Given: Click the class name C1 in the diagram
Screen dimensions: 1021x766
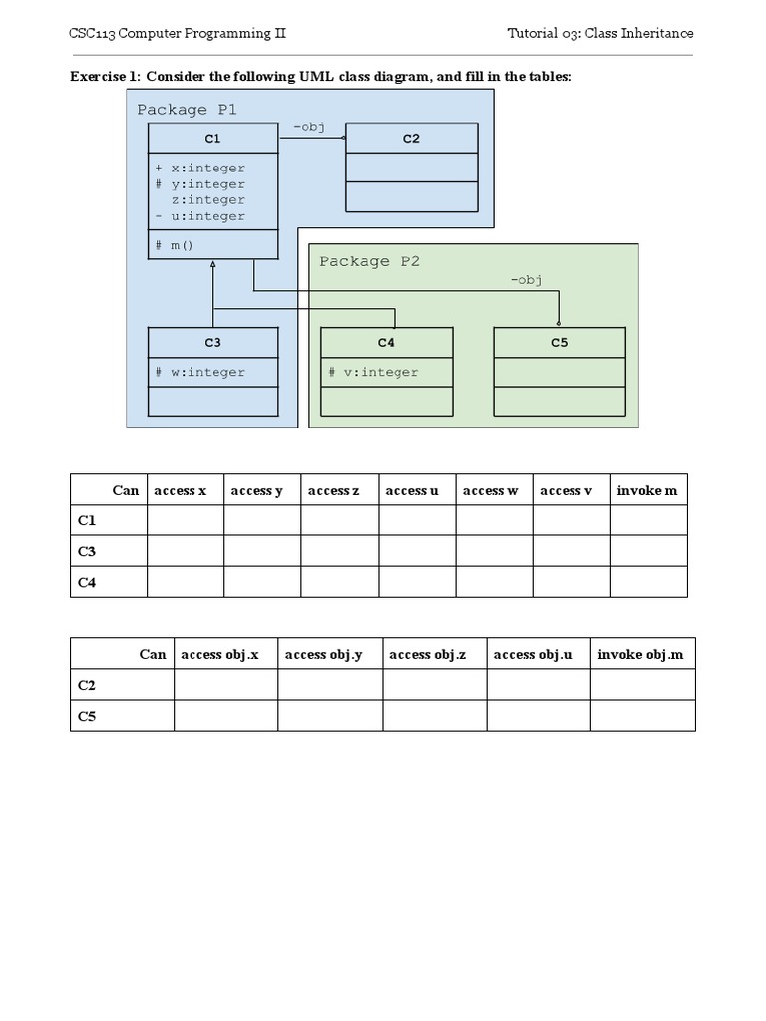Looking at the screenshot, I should tap(212, 138).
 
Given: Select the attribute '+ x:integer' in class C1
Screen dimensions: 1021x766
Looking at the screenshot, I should tap(199, 169).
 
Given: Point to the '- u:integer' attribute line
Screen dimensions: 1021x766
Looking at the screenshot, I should tap(199, 216).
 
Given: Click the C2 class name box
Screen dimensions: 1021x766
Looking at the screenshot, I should tap(411, 138).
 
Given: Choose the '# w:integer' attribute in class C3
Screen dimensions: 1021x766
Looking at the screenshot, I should tap(199, 373).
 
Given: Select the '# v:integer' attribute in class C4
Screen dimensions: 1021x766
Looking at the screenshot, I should tap(373, 373).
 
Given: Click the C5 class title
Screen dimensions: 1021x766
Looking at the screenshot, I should tap(559, 343).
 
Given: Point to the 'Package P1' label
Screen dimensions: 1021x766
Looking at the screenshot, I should tap(187, 110).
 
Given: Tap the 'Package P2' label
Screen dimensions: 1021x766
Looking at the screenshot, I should tap(369, 261).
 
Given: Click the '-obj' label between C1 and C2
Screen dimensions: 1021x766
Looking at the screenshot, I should tap(308, 127).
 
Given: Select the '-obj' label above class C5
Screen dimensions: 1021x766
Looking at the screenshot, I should tap(525, 280).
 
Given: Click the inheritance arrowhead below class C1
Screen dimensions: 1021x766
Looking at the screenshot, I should tap(213, 265).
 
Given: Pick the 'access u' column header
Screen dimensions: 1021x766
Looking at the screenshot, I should tap(412, 490).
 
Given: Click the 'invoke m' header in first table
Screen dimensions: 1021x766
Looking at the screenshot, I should tap(646, 490).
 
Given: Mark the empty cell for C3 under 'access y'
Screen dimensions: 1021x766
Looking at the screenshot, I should tap(262, 551).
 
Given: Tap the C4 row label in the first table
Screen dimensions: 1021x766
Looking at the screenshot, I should tap(87, 582).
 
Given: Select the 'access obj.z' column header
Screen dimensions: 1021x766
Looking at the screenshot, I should tap(434, 654).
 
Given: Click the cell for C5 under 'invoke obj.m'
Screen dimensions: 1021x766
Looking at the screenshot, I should tap(642, 716).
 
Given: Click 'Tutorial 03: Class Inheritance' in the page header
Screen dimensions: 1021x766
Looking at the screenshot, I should tap(599, 33).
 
